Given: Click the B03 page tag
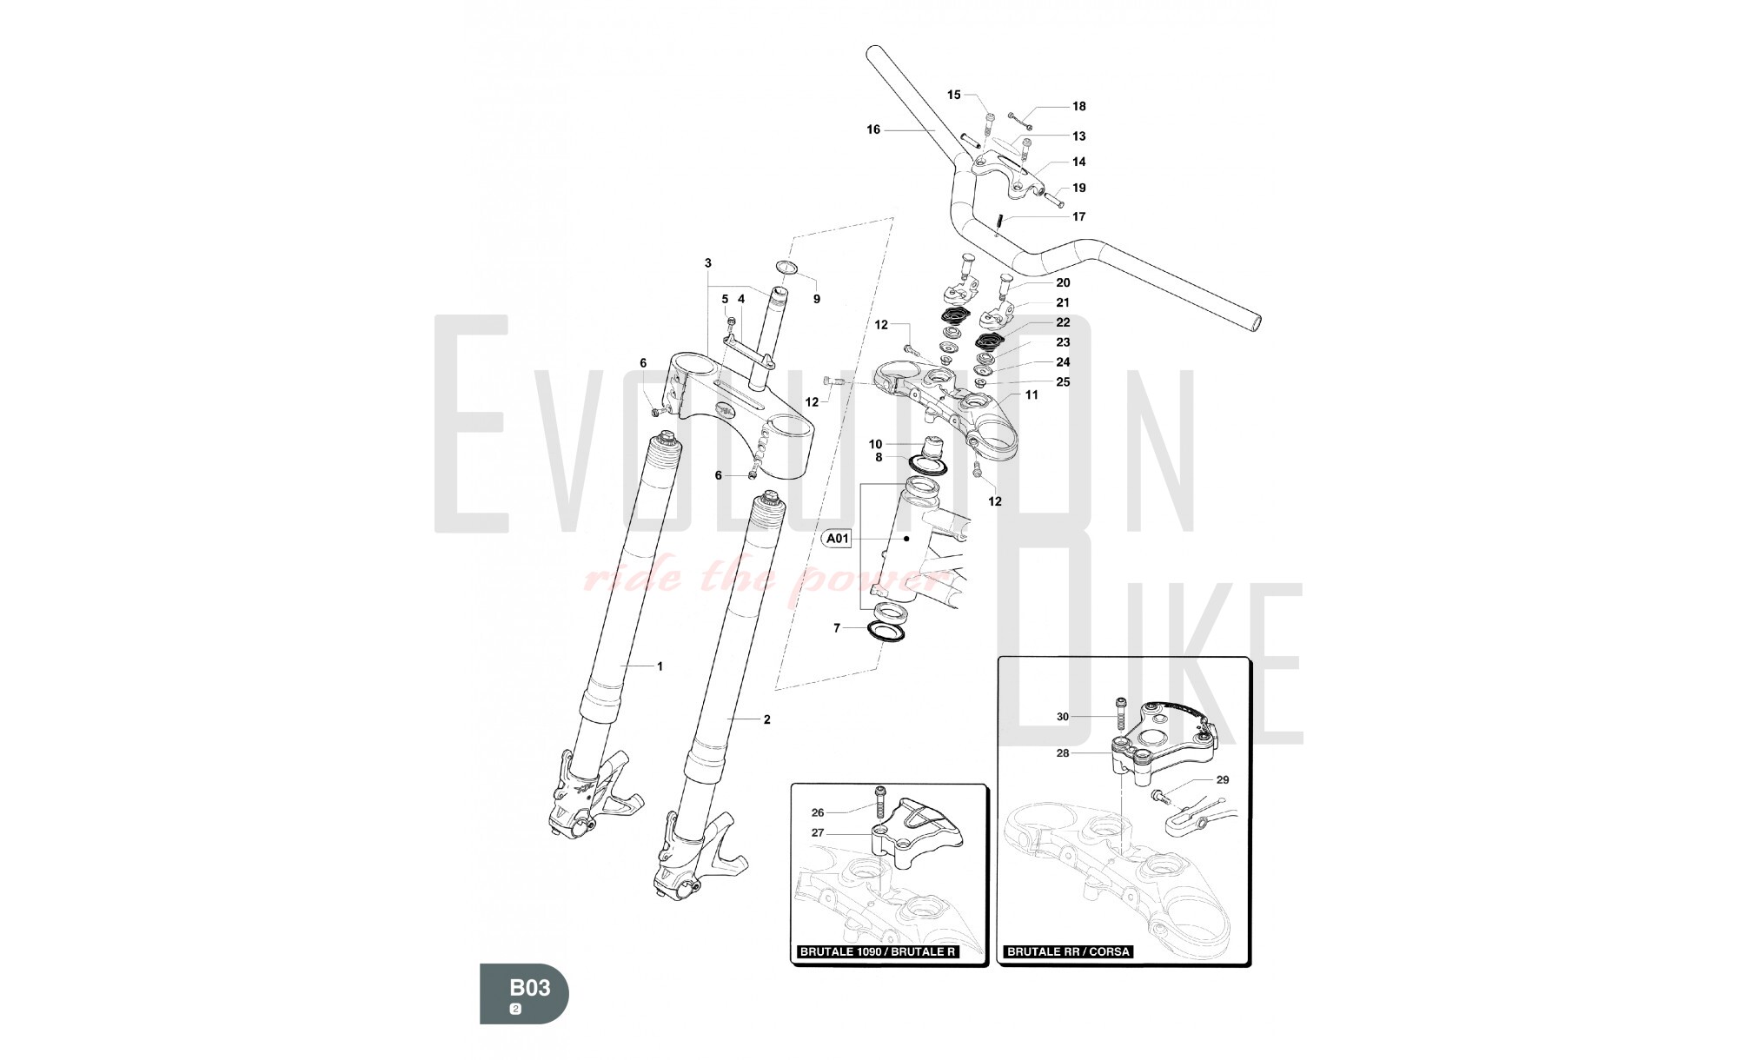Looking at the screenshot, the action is [524, 993].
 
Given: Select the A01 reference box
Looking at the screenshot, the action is [837, 539].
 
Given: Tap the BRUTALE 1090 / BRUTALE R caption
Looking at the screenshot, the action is [878, 951].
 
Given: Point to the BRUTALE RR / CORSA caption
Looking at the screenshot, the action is [1068, 951].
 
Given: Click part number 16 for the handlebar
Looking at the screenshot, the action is [873, 129].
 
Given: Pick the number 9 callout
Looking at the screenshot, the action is [816, 299].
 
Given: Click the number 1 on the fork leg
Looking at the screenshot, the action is [660, 666].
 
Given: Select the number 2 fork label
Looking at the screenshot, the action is [766, 719].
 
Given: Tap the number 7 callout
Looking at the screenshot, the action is [837, 627].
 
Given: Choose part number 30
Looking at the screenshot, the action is [1063, 717].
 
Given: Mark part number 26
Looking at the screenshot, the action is [818, 813].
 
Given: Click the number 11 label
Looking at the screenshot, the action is [1032, 394].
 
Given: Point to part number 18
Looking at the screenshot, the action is [1078, 106].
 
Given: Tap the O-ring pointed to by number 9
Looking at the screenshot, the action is [786, 266].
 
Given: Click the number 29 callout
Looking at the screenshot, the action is [1223, 779].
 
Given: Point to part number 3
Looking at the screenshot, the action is [708, 262].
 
